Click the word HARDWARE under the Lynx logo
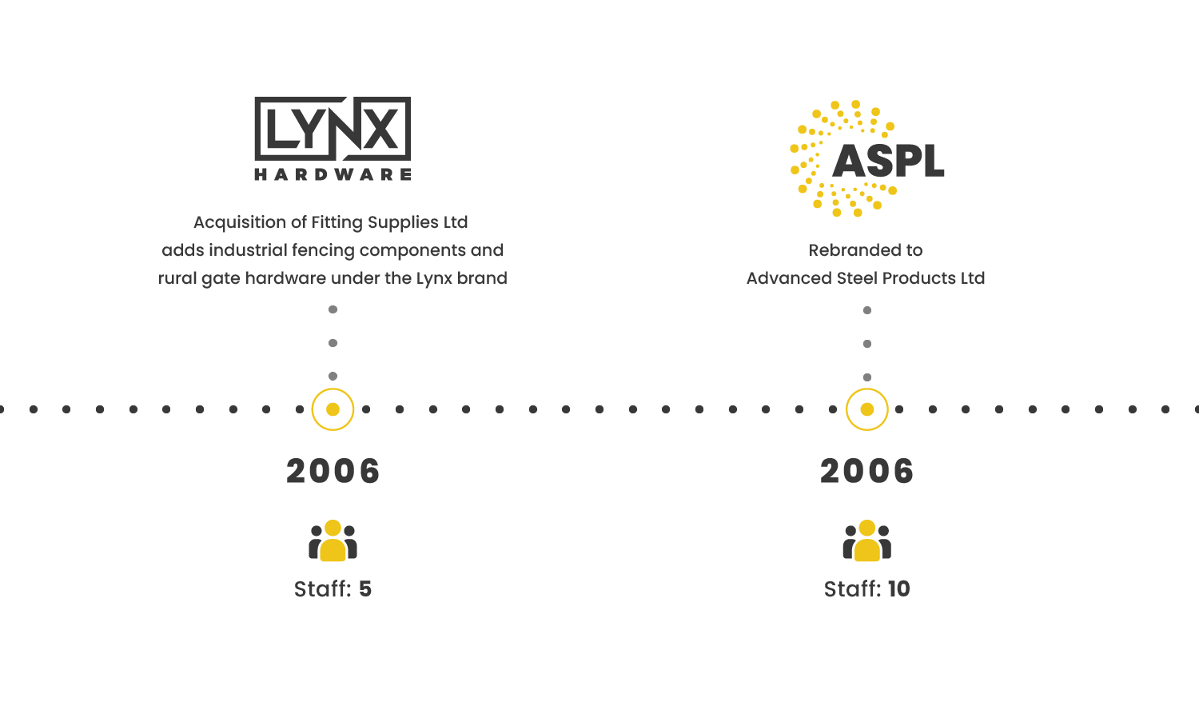[x=333, y=174]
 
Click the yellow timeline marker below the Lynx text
[x=333, y=409]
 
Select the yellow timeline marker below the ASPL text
[x=866, y=409]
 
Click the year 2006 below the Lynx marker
[x=333, y=471]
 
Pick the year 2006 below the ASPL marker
[x=866, y=471]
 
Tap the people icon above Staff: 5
[x=333, y=541]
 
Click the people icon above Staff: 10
[x=866, y=541]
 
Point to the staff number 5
[x=365, y=589]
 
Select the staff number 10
[x=898, y=589]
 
